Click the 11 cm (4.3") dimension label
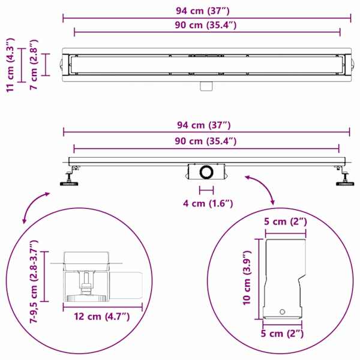click(x=10, y=65)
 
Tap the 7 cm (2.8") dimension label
click(x=34, y=65)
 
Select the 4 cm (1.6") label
click(x=208, y=203)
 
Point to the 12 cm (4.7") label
click(x=102, y=317)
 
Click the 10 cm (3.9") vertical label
click(x=247, y=278)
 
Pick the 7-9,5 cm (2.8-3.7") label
click(x=34, y=282)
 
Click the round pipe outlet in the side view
click(x=206, y=172)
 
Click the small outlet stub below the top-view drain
click(x=206, y=86)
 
